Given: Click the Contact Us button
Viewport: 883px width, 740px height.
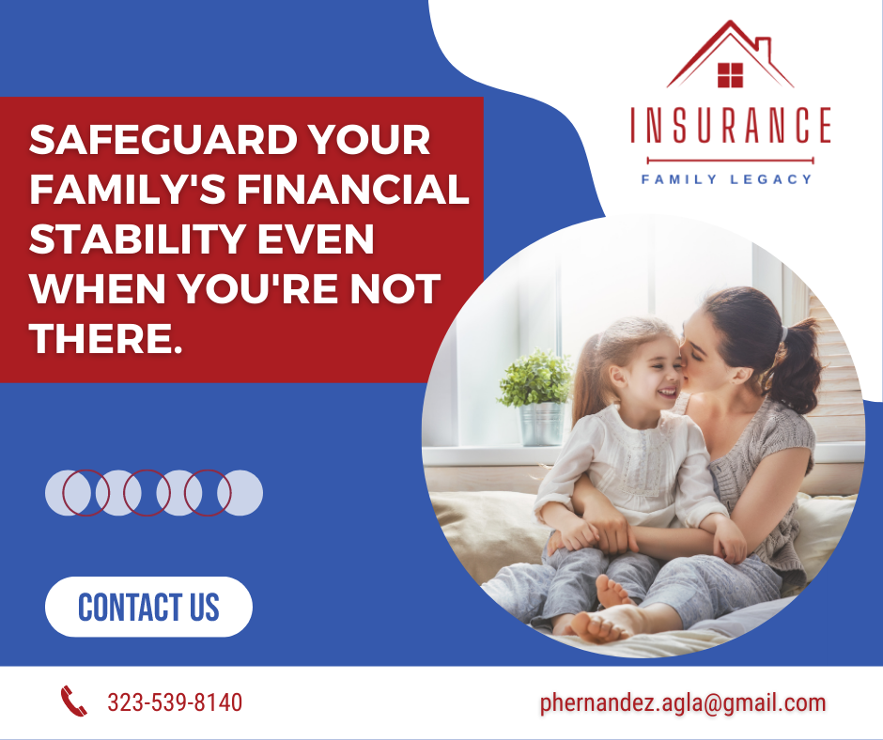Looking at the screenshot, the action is [148, 607].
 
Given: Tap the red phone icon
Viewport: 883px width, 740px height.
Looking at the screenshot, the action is [74, 701].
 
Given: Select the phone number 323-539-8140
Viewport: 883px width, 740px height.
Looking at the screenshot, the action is [175, 702].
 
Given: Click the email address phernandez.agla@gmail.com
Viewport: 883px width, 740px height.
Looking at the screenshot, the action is [683, 702].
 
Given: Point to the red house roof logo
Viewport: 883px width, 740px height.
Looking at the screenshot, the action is [731, 54].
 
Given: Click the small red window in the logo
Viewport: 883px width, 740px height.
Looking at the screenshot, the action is [731, 75].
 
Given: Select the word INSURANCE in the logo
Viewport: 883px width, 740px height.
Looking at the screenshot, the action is [731, 125].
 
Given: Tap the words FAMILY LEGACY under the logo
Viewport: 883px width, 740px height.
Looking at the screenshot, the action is [726, 179].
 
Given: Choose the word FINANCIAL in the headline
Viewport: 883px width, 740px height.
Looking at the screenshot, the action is [353, 189].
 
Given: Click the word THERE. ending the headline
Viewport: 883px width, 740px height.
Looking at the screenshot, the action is [106, 338].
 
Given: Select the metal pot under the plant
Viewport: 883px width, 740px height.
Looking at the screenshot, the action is [541, 424].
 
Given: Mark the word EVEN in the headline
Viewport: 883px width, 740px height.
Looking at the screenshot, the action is [316, 239].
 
